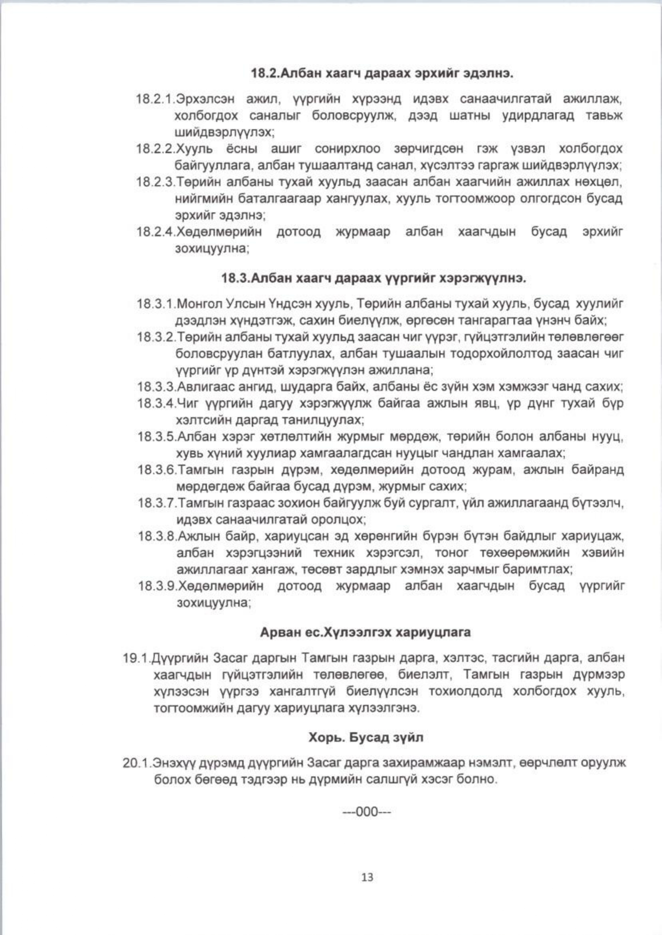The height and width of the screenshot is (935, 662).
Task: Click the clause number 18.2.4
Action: pos(156,232)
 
